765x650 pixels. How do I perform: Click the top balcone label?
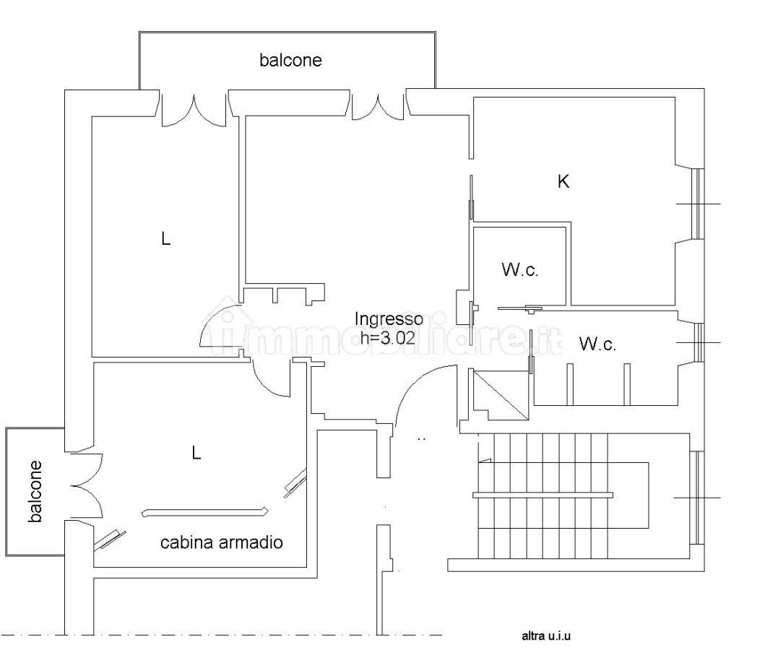point(291,60)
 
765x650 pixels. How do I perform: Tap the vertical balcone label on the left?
point(35,492)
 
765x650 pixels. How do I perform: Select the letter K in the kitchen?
point(563,181)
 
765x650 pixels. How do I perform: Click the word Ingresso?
point(389,319)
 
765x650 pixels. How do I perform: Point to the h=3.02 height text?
point(388,337)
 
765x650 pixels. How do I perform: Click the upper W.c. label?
point(519,269)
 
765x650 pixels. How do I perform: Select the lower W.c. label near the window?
point(597,344)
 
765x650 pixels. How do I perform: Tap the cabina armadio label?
point(222,542)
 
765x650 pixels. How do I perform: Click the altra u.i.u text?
point(546,636)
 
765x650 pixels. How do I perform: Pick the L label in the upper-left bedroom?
point(166,239)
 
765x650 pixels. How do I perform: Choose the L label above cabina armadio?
point(196,453)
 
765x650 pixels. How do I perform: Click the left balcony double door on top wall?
point(194,110)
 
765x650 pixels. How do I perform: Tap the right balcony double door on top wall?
point(378,107)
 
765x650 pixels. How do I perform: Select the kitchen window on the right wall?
point(698,204)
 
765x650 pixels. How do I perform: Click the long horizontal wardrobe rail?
point(205,512)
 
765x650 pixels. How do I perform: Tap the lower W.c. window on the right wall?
point(699,342)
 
